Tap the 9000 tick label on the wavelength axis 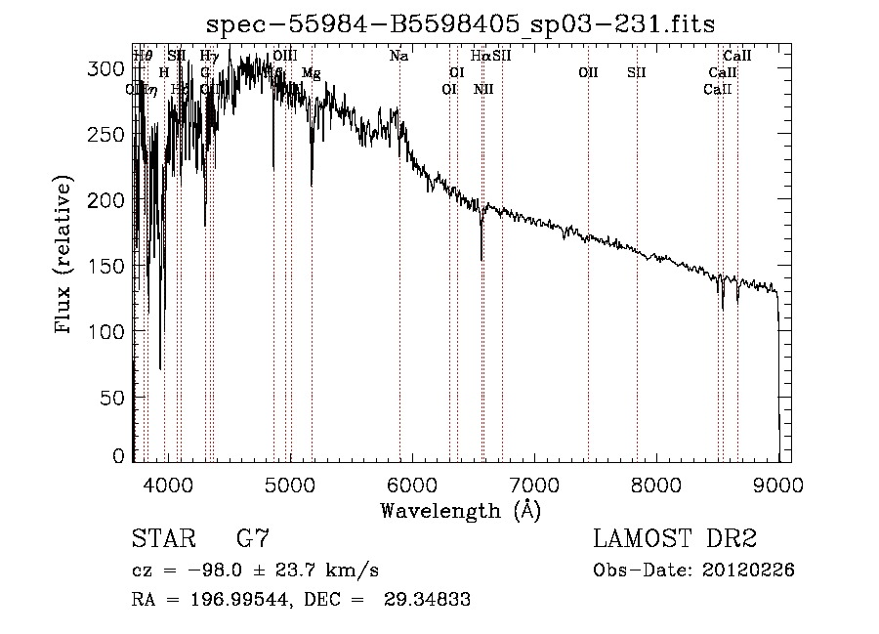(778, 484)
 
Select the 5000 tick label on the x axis (289, 484)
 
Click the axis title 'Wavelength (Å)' (460, 510)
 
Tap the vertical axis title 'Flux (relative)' (65, 257)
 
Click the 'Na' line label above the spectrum (398, 56)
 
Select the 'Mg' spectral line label (311, 72)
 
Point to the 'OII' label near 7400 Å (588, 72)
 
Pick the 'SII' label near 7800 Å (637, 72)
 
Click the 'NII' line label (483, 89)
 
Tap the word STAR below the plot (162, 539)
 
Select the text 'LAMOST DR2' (675, 539)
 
